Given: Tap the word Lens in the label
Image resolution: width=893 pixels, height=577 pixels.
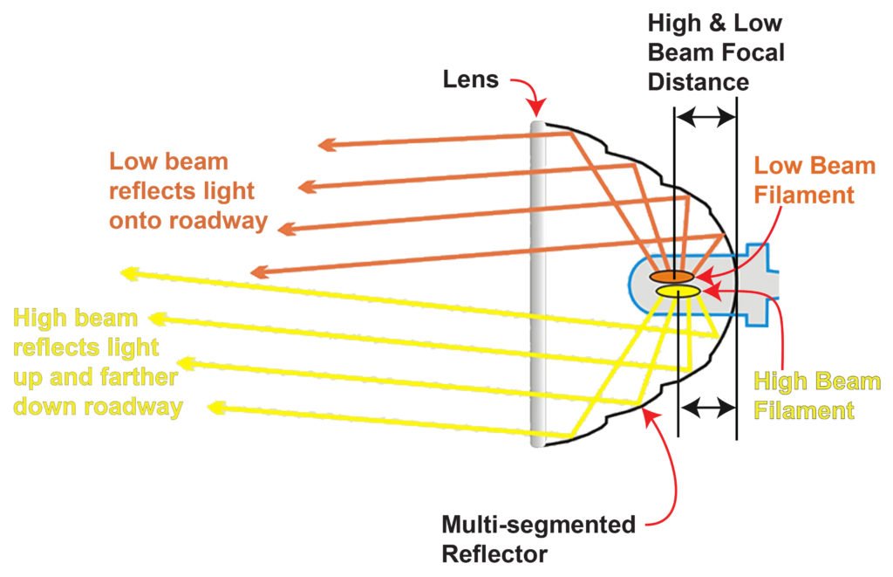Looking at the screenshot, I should tap(470, 81).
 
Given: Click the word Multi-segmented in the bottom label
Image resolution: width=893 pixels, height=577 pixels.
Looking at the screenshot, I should tap(538, 525).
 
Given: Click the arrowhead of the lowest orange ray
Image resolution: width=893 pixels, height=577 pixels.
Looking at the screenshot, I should tap(258, 272).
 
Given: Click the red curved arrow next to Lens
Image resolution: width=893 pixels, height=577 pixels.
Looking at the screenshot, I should tap(527, 93).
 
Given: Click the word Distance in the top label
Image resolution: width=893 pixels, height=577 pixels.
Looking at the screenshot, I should tap(699, 82).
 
